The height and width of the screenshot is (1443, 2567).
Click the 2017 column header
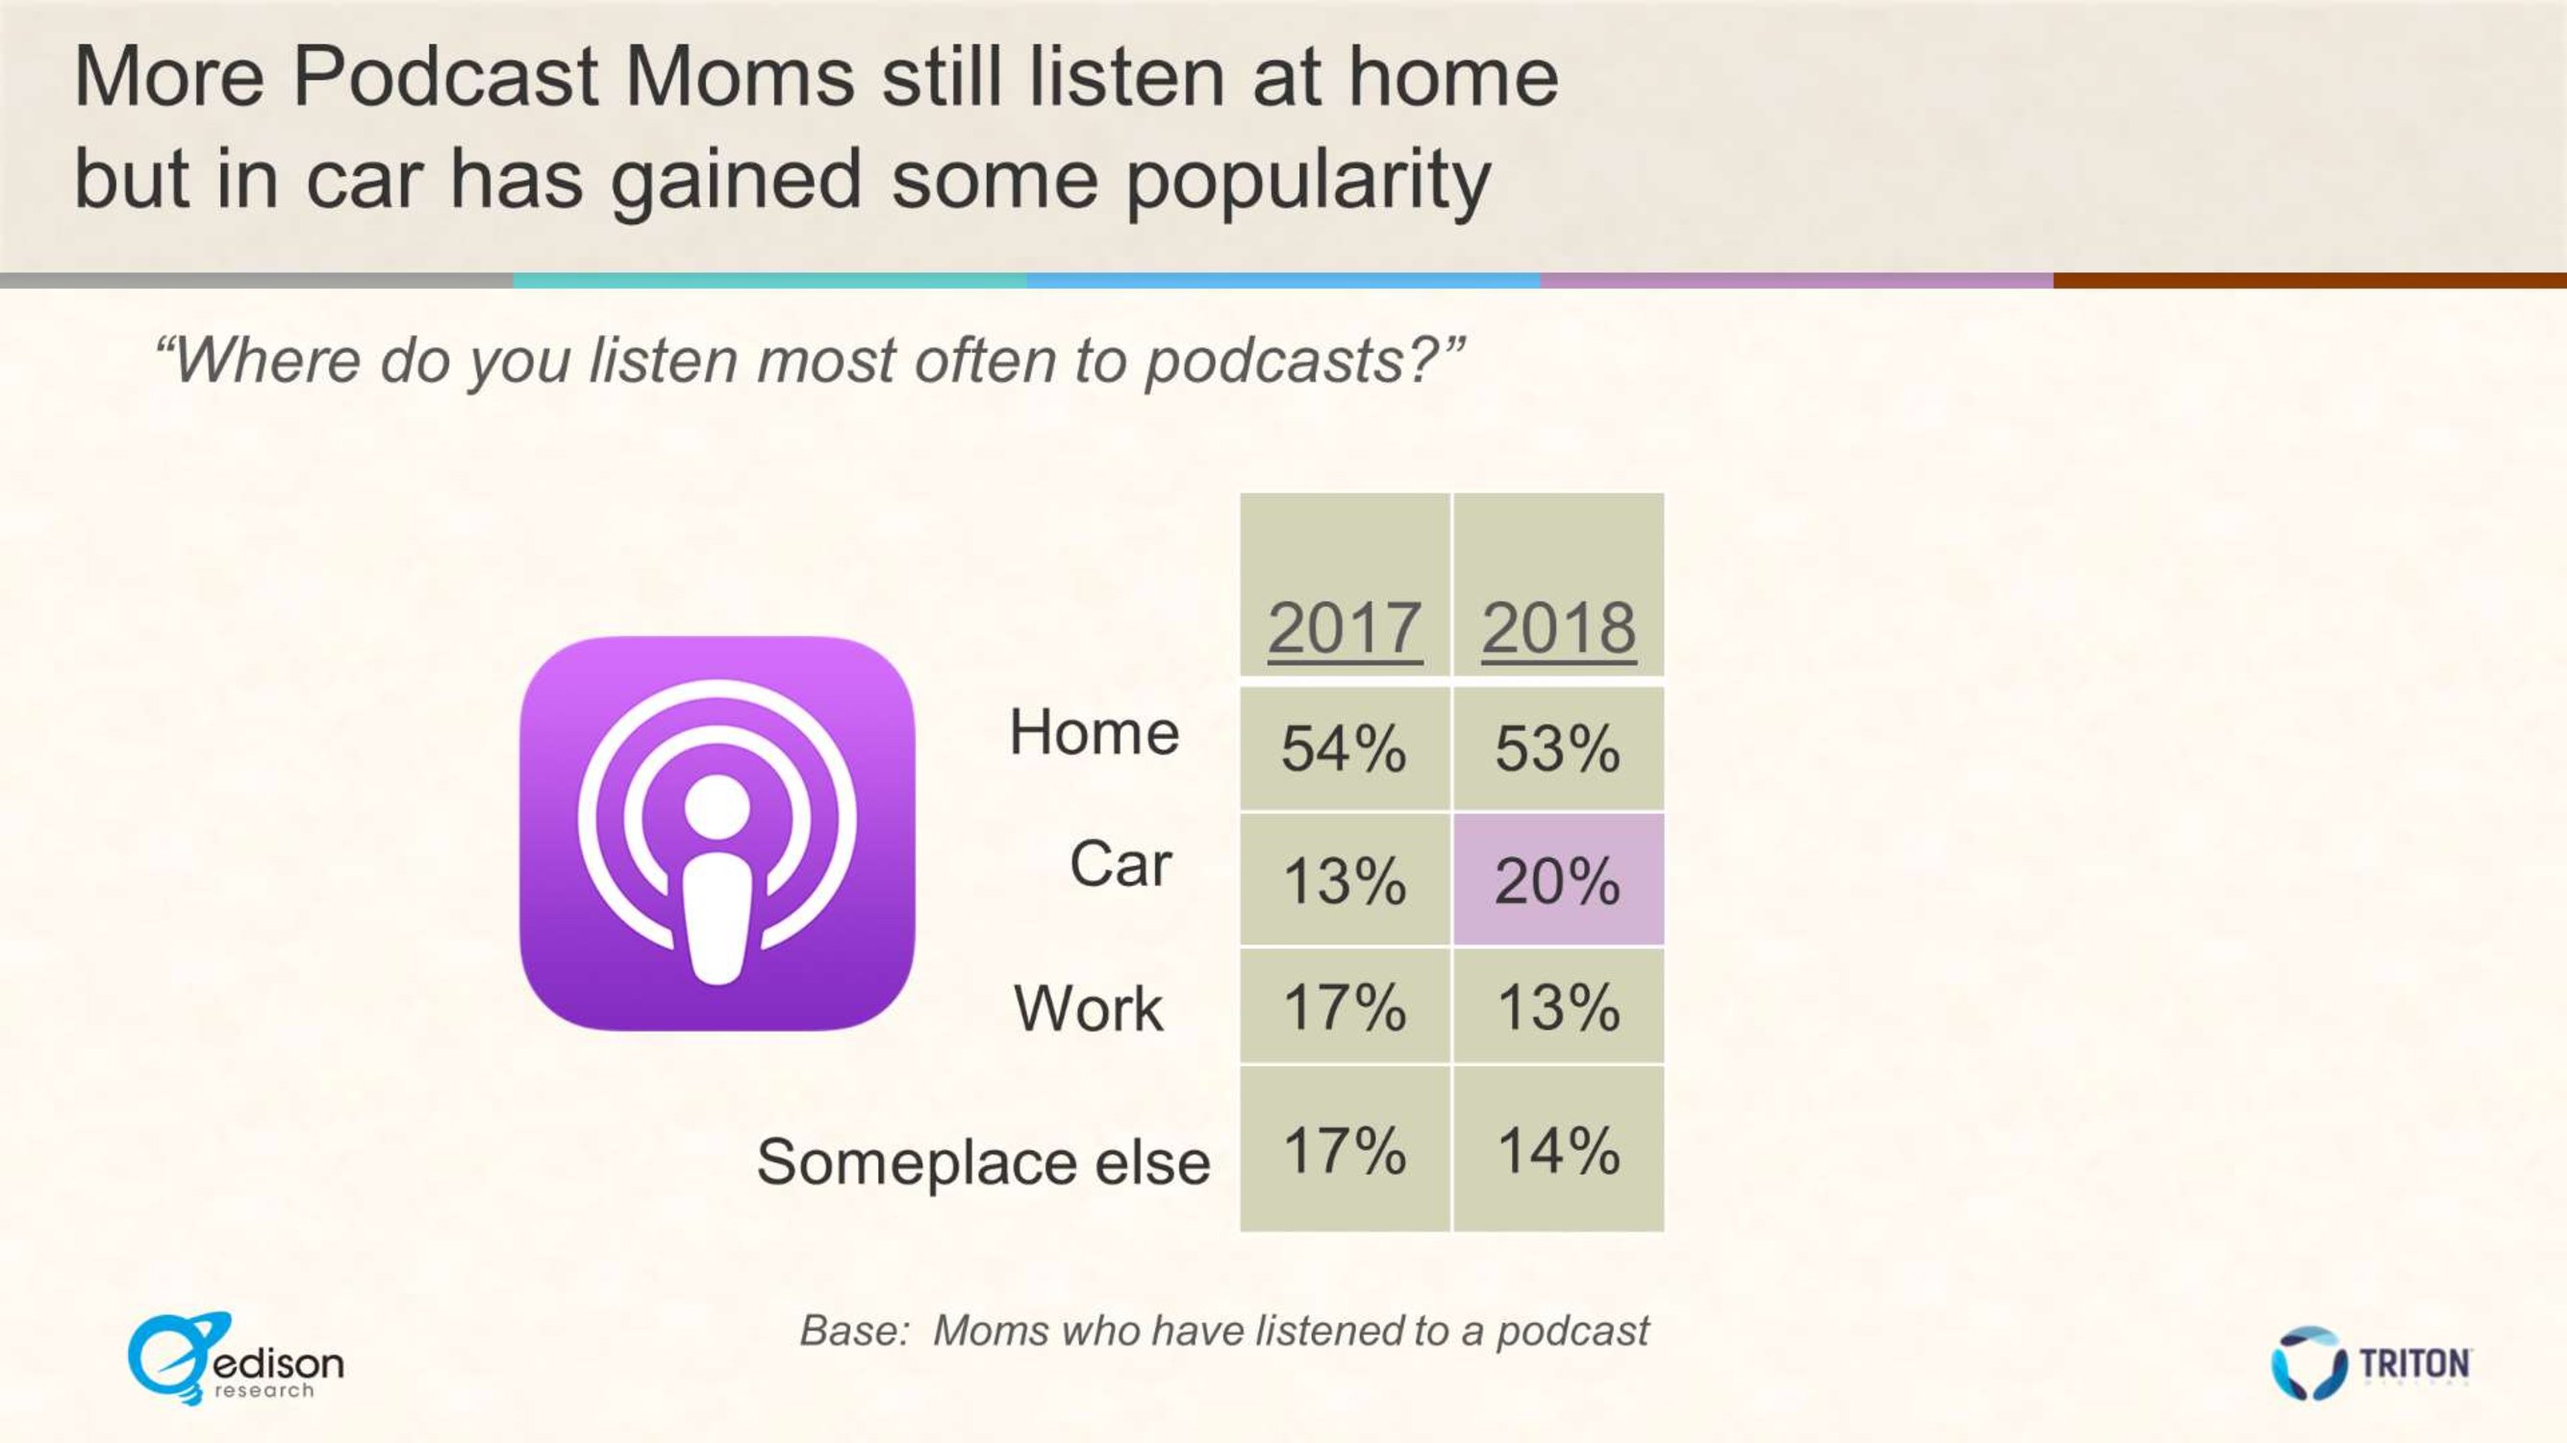point(1345,628)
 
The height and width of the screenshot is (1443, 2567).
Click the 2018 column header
point(1558,628)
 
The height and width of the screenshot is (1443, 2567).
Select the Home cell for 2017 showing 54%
point(1345,747)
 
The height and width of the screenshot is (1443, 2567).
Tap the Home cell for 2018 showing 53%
point(1558,747)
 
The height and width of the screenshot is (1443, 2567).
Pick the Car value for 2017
point(1345,880)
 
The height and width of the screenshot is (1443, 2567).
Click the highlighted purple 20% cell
point(1558,880)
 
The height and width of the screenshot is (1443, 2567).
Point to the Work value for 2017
point(1345,1005)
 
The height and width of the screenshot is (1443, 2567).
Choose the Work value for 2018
point(1558,1005)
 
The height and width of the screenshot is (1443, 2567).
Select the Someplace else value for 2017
point(1345,1149)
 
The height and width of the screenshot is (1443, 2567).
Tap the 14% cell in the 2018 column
point(1558,1149)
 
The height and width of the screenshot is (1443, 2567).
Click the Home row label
point(1095,731)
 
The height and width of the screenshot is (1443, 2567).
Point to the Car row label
point(1120,863)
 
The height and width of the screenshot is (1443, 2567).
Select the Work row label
point(1088,1007)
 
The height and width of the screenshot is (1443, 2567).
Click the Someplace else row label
point(984,1161)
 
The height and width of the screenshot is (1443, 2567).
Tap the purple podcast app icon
point(717,833)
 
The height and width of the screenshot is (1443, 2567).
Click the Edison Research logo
point(236,1359)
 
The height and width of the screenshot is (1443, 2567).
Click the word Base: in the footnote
point(855,1330)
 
